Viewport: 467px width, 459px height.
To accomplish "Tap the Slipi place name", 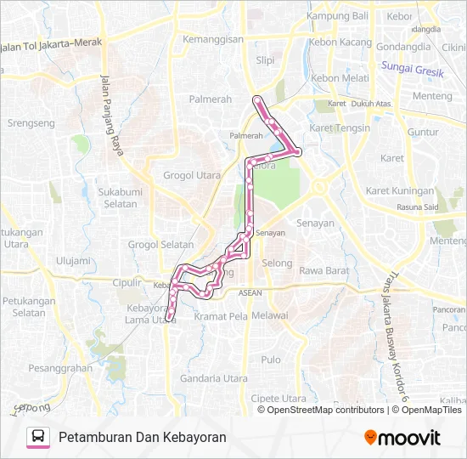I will click(x=266, y=60).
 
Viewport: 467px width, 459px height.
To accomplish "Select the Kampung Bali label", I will click(x=337, y=16).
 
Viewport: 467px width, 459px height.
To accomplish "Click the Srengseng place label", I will click(x=31, y=123).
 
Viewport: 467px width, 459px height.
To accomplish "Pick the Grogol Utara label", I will click(x=192, y=175).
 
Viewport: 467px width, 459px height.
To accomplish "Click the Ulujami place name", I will click(x=72, y=261).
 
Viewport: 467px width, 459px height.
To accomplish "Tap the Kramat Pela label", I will click(x=220, y=316).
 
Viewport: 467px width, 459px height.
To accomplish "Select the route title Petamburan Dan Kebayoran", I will click(x=143, y=437).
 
